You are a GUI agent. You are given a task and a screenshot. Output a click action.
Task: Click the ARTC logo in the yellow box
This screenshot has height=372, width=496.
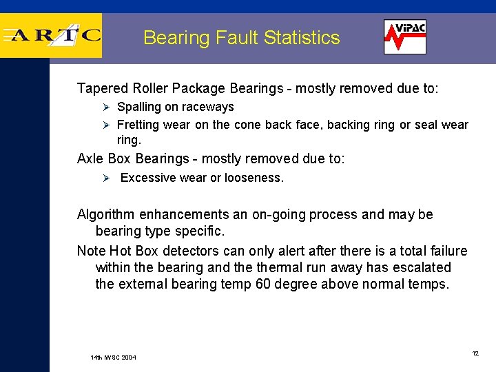click(x=52, y=36)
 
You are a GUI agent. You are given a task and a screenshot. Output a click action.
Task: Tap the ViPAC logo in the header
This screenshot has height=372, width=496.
click(x=405, y=37)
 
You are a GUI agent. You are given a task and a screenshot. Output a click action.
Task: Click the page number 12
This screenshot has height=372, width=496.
click(x=475, y=353)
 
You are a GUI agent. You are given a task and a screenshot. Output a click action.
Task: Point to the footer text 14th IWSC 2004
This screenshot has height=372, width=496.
click(x=114, y=358)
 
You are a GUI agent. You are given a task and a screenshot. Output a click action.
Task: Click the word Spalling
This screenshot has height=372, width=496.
click(x=138, y=107)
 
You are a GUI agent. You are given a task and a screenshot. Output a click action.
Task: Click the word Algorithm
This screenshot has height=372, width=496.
click(x=107, y=215)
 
